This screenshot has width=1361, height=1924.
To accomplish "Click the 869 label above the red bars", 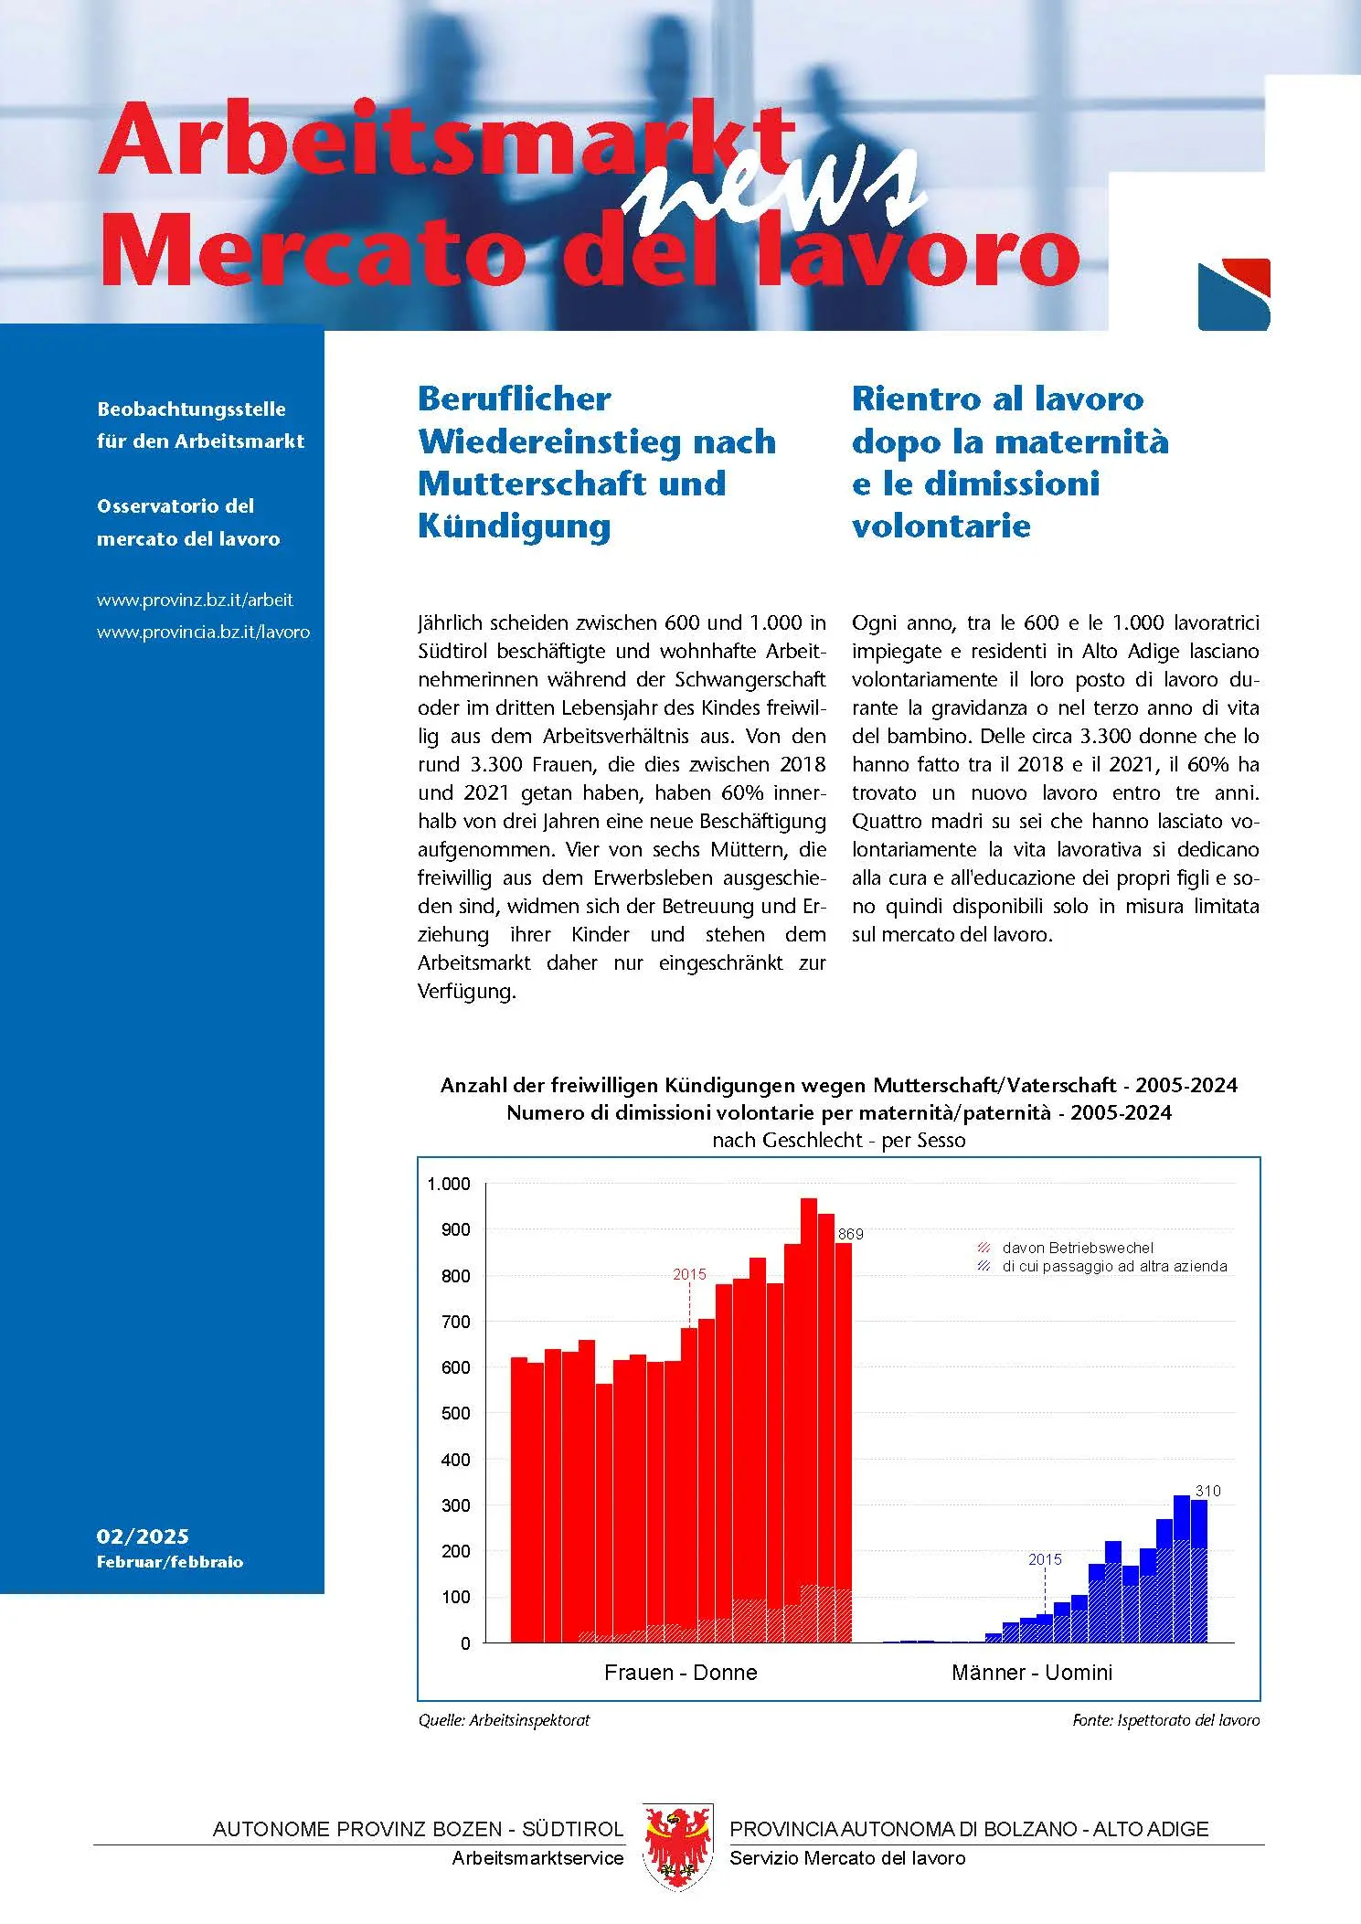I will (x=850, y=1234).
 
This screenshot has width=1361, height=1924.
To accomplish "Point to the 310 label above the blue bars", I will (x=1207, y=1491).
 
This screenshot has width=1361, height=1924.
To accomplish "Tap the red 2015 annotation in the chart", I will (x=689, y=1274).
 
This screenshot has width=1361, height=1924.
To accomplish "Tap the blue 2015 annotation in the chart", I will (x=1045, y=1559).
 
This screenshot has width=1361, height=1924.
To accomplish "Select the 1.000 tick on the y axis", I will (x=449, y=1185).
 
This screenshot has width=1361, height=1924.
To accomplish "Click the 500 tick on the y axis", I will (x=455, y=1413).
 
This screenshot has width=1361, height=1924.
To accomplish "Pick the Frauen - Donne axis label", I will (x=681, y=1673).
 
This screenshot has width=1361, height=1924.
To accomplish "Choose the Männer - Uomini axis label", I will (x=1032, y=1673).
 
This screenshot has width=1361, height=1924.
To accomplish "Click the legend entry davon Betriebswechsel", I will (x=1077, y=1248).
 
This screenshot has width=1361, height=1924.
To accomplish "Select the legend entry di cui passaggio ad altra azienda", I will (x=1113, y=1267).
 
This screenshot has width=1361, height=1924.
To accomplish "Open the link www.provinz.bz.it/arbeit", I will (x=195, y=601).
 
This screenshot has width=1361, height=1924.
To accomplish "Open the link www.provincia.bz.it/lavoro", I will (x=203, y=632).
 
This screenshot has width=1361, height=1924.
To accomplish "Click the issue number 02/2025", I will (x=143, y=1536).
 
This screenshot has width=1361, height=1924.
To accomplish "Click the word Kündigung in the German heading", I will (x=514, y=526).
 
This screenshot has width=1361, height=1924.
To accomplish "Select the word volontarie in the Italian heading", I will (x=941, y=526).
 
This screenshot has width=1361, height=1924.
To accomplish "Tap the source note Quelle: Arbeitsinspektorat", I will (x=504, y=1720).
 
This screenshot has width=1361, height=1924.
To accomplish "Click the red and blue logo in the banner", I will (x=1234, y=294).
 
